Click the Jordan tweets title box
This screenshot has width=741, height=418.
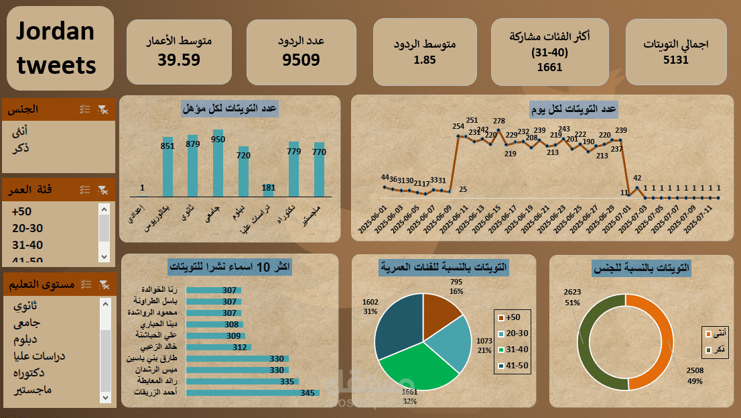[60, 48]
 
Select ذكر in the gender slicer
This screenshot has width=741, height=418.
[21, 148]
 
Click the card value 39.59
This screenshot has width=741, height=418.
[179, 60]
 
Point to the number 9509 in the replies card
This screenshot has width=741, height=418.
[301, 60]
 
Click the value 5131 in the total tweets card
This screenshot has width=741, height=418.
[675, 60]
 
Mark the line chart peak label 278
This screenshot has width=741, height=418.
[499, 121]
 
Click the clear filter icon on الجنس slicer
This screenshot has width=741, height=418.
[102, 109]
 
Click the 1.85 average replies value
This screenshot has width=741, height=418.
[425, 60]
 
